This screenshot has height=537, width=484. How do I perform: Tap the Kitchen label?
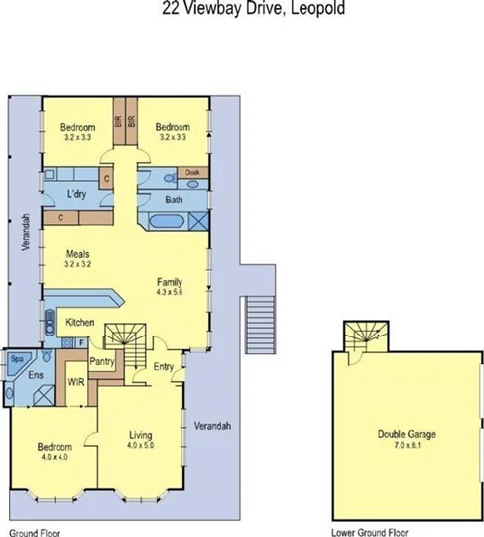(81, 324)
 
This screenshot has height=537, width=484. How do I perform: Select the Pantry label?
(104, 363)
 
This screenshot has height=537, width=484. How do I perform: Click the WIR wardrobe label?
(73, 380)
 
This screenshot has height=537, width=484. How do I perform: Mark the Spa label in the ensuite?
(17, 358)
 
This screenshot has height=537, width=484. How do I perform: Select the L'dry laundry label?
(79, 194)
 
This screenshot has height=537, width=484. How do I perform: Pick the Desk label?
(194, 172)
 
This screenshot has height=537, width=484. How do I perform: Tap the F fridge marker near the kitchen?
(81, 341)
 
